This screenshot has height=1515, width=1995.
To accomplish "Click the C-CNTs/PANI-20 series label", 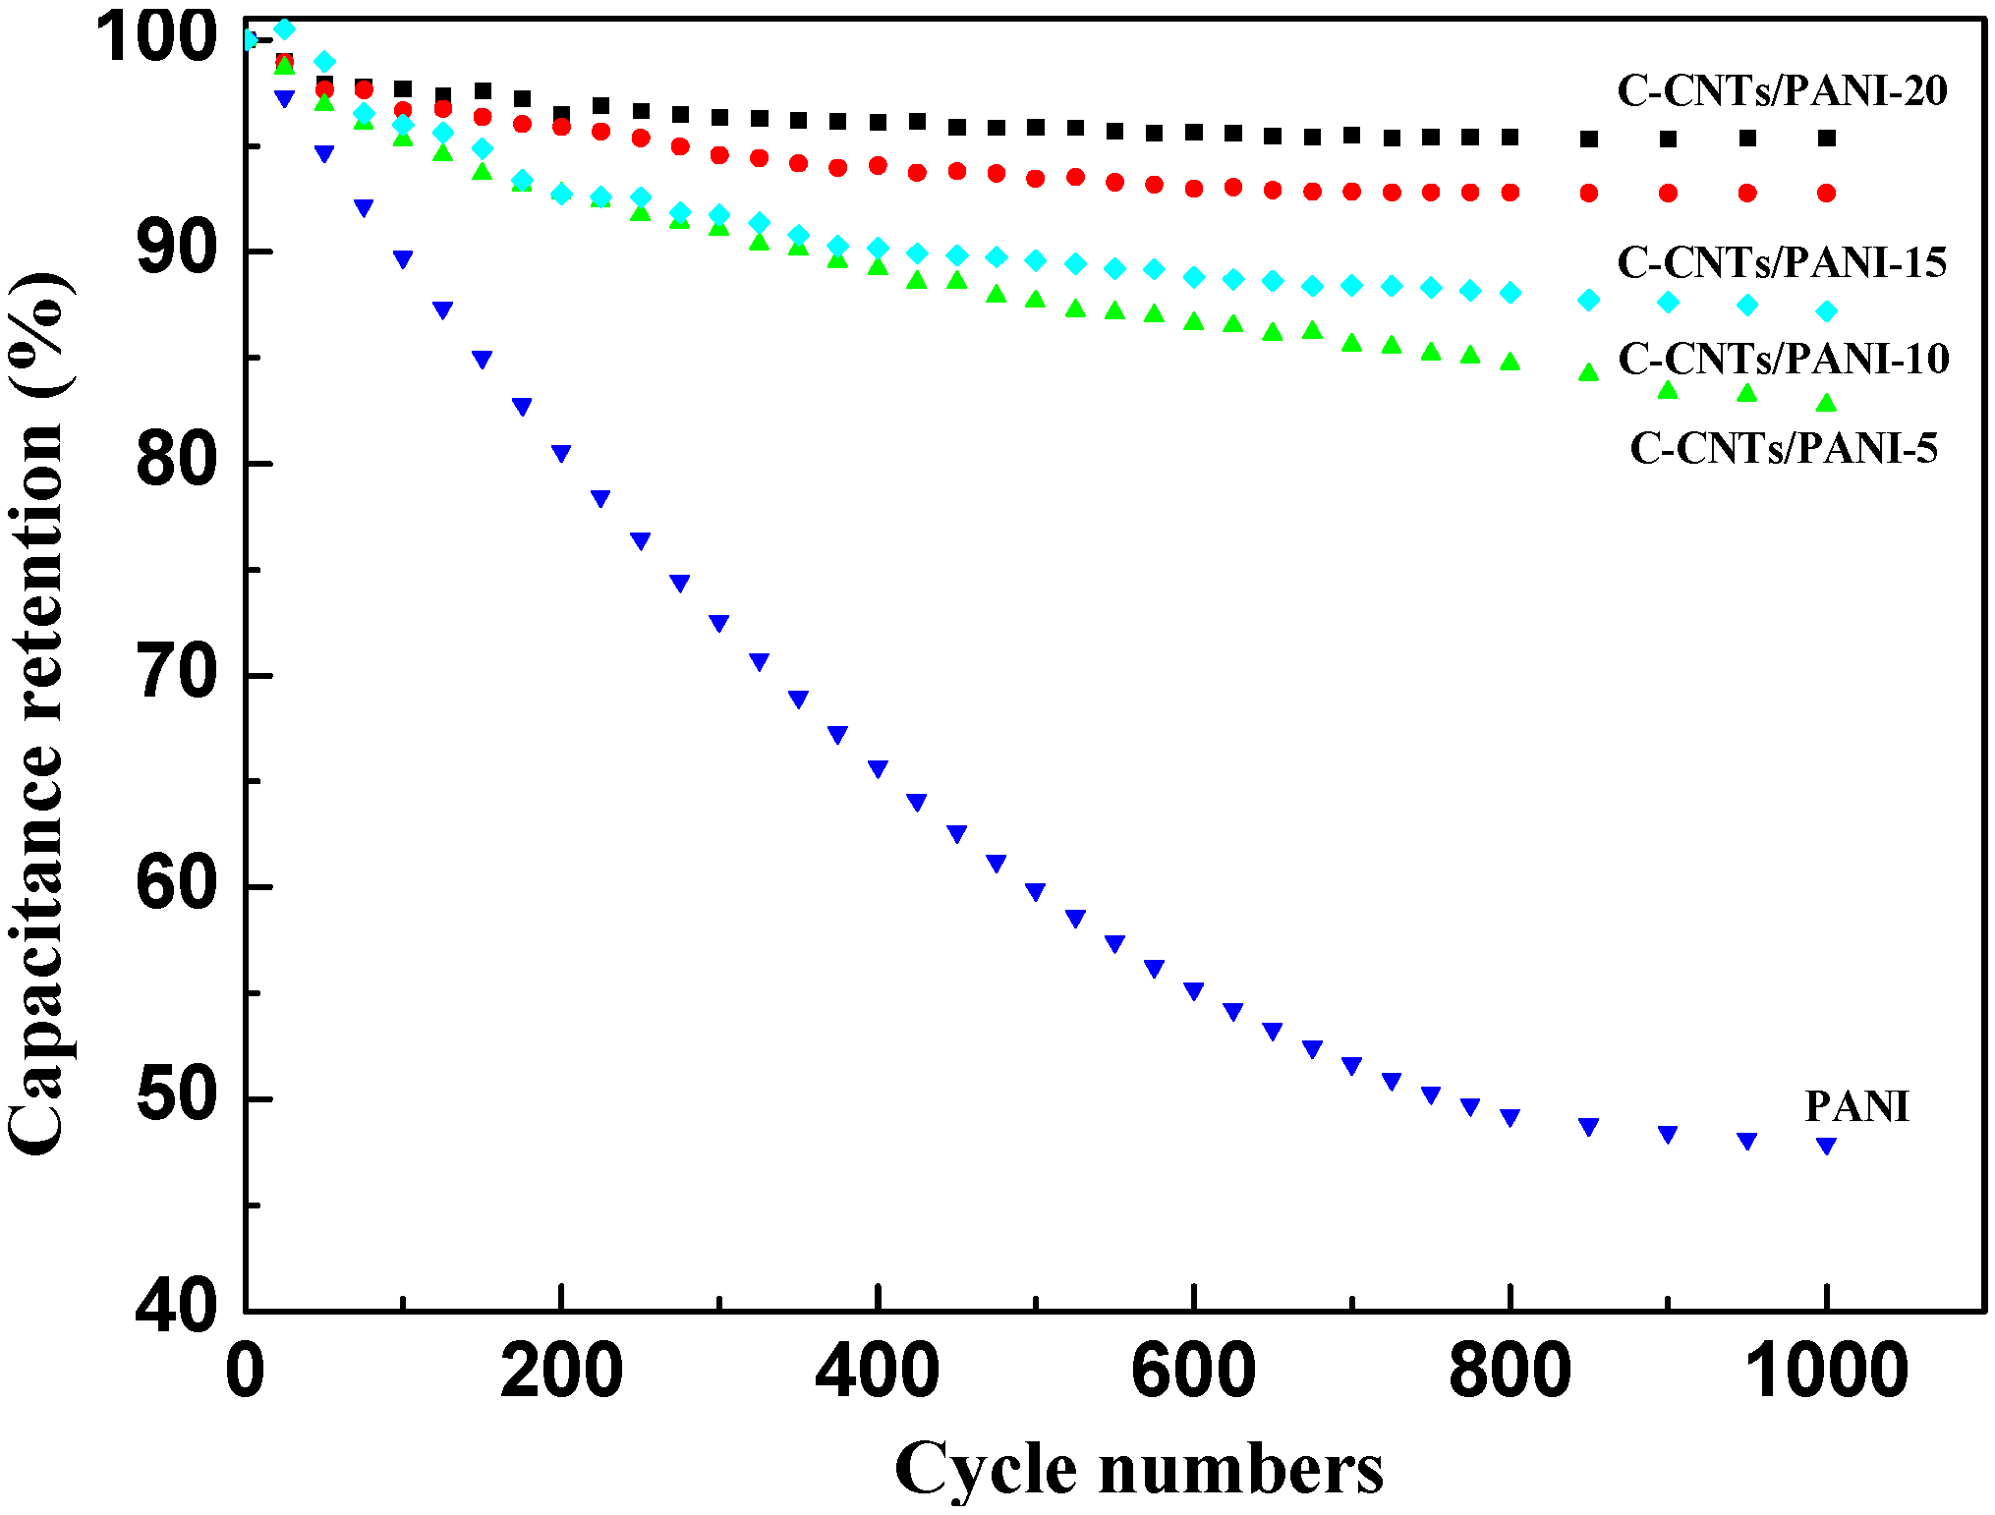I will point(1782,91).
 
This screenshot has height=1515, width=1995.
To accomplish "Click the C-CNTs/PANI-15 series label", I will point(1782,262).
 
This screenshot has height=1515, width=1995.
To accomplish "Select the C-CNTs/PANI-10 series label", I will point(1783,359).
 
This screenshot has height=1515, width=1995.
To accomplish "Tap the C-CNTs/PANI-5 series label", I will point(1783,448).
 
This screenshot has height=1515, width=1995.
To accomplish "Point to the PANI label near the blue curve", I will point(1856,1107).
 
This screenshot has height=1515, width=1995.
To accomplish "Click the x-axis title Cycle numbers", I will point(1138,1469).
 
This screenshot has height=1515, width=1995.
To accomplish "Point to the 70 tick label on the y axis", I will point(177,676).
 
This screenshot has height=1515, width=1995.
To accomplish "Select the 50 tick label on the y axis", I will point(177,1098).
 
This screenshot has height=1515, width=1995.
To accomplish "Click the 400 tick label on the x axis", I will point(877,1373).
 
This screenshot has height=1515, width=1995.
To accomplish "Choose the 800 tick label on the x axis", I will point(1510,1373).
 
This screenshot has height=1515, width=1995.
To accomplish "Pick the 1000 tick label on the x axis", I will point(1825,1373).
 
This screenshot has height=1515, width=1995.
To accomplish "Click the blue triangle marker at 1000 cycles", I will point(1826,1145).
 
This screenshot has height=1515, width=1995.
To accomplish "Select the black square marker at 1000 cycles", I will point(1826,139).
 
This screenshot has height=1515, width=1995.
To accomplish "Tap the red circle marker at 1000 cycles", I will point(1826,194).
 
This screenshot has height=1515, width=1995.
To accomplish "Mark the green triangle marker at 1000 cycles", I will point(1826,403).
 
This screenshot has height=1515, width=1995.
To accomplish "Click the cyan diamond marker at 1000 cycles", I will point(1826,311).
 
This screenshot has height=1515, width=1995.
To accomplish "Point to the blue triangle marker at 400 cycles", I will point(878,768).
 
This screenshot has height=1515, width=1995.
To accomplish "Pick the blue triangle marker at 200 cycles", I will point(561,453).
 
